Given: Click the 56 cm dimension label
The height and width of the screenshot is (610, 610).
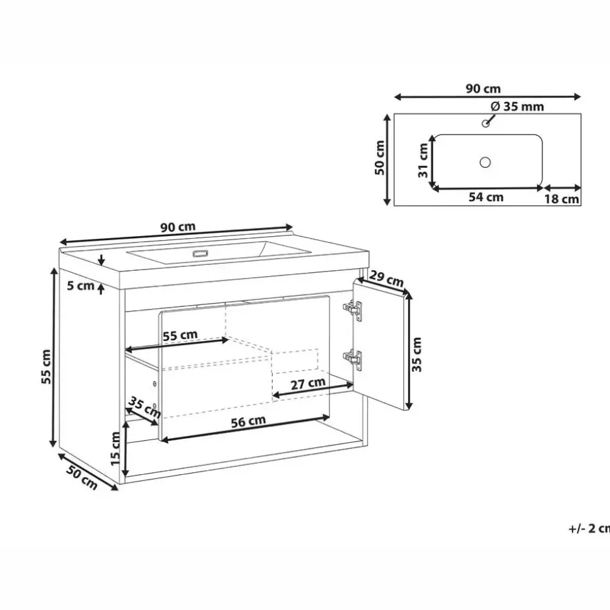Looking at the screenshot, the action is tap(248, 421).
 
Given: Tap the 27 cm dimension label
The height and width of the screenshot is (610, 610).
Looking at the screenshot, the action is tap(308, 384).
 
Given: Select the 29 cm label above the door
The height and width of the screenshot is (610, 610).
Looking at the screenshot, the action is tap(386, 279).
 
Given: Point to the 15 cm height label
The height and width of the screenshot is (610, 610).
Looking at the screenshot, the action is tap(115, 449).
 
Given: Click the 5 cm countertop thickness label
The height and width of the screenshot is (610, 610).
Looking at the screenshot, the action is tap(81, 285).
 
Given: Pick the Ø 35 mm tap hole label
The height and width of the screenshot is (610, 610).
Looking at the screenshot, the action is tap(517, 106).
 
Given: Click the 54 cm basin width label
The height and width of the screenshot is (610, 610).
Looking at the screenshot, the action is tap(486, 197).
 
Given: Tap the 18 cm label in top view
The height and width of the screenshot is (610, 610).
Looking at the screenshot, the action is tap(561, 199).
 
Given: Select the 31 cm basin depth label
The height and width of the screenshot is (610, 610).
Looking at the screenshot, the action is tap(423, 161).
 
